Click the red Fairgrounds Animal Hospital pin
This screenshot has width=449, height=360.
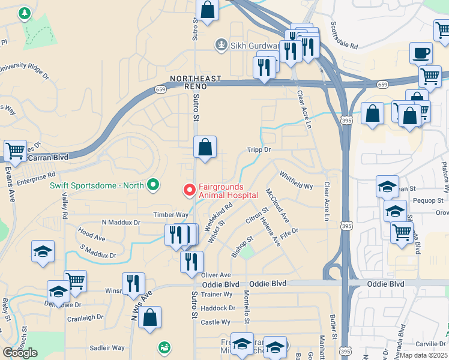click(189, 190)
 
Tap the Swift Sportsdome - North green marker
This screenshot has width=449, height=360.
click(152, 185)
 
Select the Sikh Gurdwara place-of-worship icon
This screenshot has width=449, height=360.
click(221, 44)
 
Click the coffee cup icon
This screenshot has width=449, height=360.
click(421, 53)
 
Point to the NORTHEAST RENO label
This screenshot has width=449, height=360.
click(196, 79)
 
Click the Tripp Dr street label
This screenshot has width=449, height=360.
click(259, 150)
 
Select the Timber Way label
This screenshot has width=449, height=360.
click(170, 214)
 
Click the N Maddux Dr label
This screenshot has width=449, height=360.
click(121, 222)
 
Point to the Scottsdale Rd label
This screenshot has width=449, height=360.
click(344, 36)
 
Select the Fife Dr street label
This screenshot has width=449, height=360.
click(289, 230)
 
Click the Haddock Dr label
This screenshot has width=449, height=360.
click(218, 308)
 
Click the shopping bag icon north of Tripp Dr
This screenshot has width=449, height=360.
click(205, 147)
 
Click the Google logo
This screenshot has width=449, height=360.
click(20, 352)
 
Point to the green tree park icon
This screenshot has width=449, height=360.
click(24, 13)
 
